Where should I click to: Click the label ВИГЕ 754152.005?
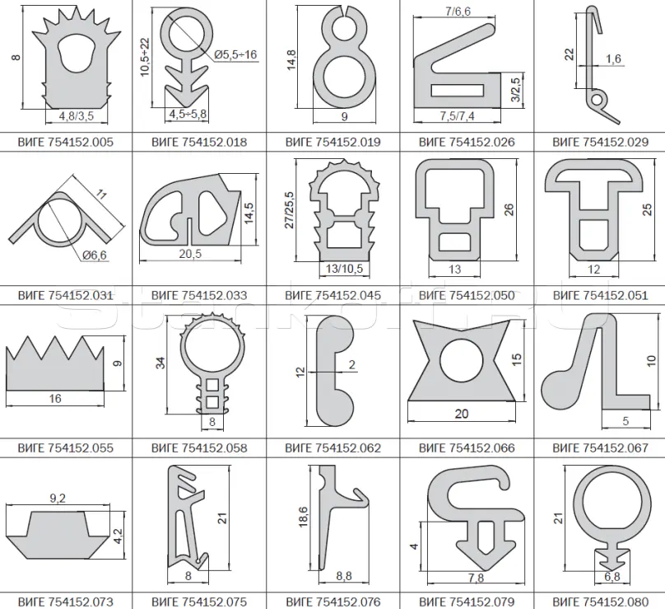[66, 142]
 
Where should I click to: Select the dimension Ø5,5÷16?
[235, 54]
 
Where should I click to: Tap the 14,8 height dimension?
[291, 60]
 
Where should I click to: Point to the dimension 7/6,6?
[458, 12]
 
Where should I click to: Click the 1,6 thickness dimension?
[613, 59]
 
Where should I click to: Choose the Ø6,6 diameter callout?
[95, 255]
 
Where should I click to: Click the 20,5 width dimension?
[190, 254]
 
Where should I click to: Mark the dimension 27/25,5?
[289, 210]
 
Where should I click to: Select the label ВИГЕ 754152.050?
[467, 295]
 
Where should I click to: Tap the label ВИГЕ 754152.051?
[601, 295]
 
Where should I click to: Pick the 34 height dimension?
[160, 363]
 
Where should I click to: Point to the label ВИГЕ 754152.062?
[333, 448]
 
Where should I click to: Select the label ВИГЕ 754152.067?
[601, 448]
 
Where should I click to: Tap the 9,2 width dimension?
[58, 498]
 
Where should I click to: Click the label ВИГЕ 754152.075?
[199, 602]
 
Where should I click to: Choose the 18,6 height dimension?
[303, 517]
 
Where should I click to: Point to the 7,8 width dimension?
[477, 578]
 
